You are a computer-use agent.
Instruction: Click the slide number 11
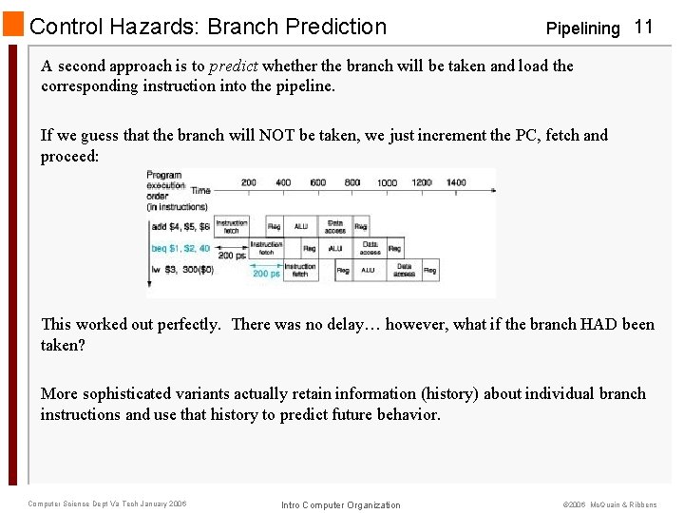(643, 27)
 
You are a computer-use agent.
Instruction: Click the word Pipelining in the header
(582, 28)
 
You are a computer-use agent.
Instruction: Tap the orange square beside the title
(13, 25)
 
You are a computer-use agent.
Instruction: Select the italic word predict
(233, 66)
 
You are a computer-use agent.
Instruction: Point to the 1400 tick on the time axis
(455, 181)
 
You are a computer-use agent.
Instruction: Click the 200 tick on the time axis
(249, 181)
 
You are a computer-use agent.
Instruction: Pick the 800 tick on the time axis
(351, 181)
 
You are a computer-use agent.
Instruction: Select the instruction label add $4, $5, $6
(180, 227)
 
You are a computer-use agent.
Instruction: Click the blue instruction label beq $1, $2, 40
(180, 248)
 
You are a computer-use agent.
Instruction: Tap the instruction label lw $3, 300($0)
(180, 270)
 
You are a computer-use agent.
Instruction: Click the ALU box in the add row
(301, 227)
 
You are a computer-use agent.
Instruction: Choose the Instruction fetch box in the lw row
(300, 270)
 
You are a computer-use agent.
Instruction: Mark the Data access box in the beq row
(370, 248)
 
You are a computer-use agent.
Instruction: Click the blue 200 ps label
(266, 274)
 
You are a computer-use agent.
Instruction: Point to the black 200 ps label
(232, 256)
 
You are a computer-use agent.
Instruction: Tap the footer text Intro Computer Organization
(341, 504)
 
